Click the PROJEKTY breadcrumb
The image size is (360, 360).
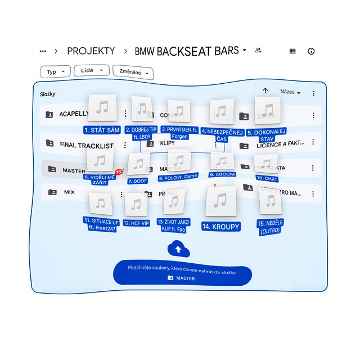[x=91, y=51]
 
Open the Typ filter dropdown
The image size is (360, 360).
[x=55, y=72]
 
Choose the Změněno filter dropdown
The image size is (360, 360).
[x=133, y=73]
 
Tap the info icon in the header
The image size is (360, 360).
[x=311, y=51]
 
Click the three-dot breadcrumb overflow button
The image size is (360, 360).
[x=43, y=51]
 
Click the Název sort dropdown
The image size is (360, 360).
[x=290, y=92]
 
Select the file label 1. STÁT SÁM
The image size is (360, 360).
[x=102, y=130]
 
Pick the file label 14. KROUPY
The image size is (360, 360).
[x=221, y=227]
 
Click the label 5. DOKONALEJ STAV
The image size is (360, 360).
[x=267, y=135]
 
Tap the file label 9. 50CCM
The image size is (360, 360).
[x=222, y=175]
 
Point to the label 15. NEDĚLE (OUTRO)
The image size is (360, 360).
[x=271, y=227]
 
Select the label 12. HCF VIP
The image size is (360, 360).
[x=137, y=223]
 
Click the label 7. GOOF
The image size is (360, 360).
[x=137, y=181]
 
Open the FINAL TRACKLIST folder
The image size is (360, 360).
[x=86, y=145]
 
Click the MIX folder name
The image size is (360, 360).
[x=69, y=192]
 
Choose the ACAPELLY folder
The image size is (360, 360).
[x=74, y=114]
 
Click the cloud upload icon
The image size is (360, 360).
[x=178, y=249]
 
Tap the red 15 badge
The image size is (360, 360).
[x=119, y=172]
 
